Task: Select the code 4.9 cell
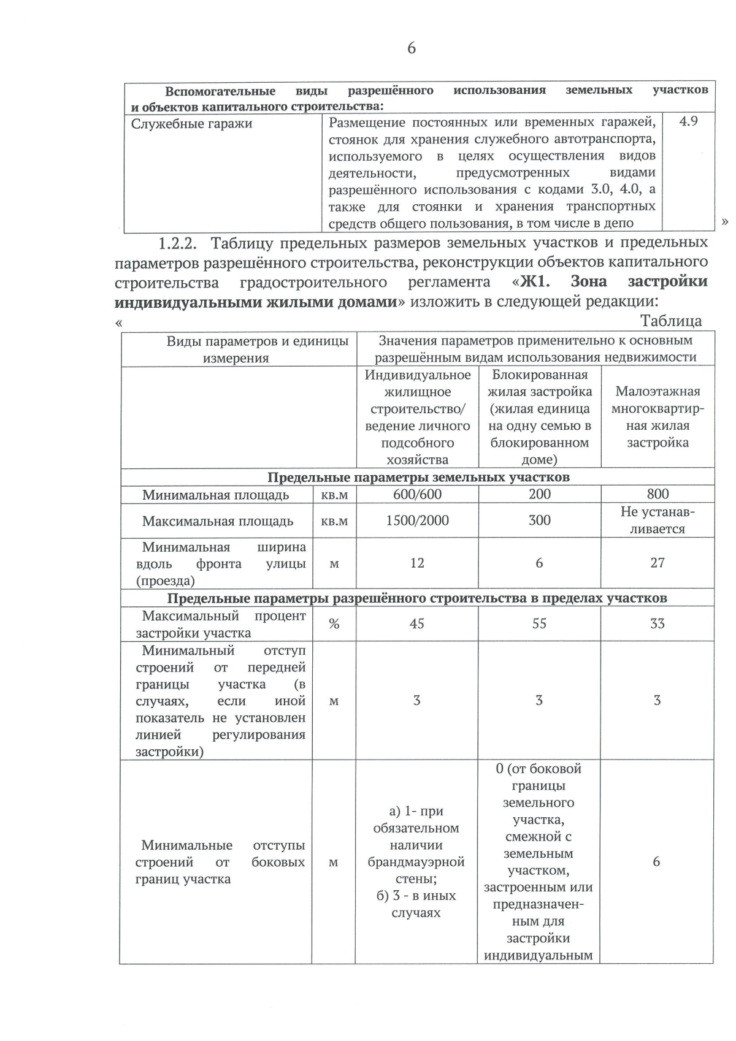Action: click(688, 121)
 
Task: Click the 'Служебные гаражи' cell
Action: click(192, 124)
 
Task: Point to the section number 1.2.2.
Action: click(178, 243)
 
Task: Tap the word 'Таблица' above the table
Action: click(671, 321)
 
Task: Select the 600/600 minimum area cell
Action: click(417, 494)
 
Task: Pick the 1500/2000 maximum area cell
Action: click(417, 520)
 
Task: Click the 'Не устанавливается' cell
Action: click(657, 520)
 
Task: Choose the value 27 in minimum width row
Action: click(657, 563)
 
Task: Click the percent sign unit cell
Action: click(334, 624)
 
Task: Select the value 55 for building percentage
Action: click(539, 623)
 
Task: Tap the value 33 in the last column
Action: click(657, 623)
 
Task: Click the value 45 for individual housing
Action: click(417, 623)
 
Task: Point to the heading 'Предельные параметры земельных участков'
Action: click(418, 477)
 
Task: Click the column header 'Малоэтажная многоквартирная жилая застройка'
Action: click(657, 417)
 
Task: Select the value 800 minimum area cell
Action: click(657, 494)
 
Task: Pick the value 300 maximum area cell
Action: click(539, 520)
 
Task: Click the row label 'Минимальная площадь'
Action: click(216, 495)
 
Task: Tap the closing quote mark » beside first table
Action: click(725, 222)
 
